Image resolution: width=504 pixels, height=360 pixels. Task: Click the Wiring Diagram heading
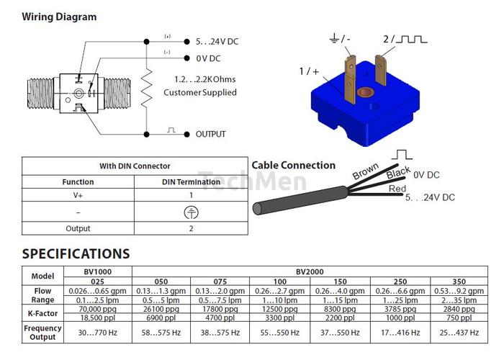point(59,17)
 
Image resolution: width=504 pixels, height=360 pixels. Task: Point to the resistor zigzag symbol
point(146,89)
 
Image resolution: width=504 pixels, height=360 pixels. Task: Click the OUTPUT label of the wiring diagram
point(210,134)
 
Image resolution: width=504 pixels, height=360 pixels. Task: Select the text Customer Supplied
point(199,92)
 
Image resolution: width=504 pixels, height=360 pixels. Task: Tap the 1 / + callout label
point(308,71)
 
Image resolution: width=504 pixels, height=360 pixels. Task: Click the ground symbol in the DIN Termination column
point(191,212)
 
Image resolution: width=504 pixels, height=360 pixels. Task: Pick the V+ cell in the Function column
point(78,195)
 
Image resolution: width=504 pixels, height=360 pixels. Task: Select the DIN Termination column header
point(191,182)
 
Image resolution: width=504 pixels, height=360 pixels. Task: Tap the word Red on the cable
point(397,189)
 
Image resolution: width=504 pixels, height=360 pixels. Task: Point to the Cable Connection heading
point(294,166)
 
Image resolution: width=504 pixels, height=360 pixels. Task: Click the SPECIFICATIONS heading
point(76,253)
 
